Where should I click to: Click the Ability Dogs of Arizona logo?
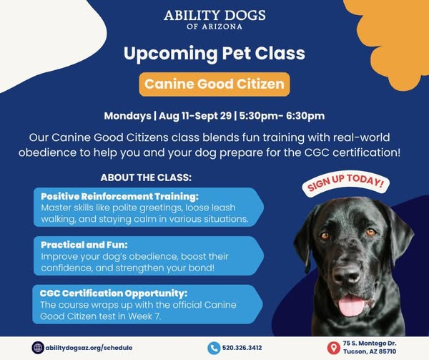[214, 20]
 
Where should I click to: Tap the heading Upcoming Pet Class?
[214, 54]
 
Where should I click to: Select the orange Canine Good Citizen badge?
[214, 84]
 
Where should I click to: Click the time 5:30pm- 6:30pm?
[282, 116]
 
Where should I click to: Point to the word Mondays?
[127, 116]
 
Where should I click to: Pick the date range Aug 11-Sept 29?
[195, 116]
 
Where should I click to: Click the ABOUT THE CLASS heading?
[146, 177]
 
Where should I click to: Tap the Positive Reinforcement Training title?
[119, 196]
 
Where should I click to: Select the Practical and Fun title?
[84, 245]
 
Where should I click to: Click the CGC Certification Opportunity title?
[114, 293]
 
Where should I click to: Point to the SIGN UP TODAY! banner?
[345, 183]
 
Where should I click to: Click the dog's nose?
[347, 274]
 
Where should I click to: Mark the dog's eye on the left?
[325, 235]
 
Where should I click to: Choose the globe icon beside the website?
[38, 348]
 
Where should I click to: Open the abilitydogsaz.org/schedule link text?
[89, 348]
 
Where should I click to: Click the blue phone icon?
[214, 349]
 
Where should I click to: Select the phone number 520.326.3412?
[242, 348]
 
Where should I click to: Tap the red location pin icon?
[333, 348]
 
